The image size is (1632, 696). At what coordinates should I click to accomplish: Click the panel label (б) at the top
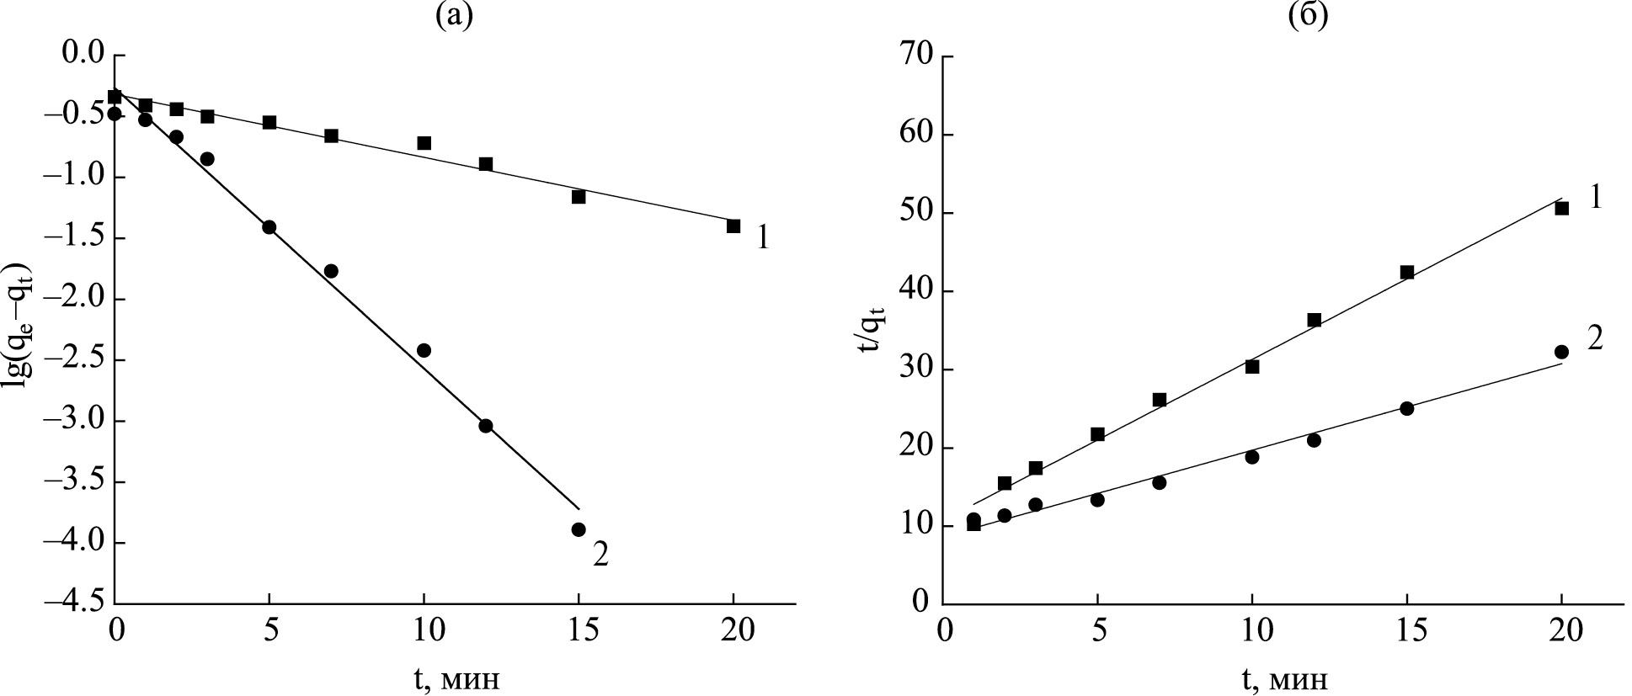point(1308,15)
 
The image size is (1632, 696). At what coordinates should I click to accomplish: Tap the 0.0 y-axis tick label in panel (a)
point(83,56)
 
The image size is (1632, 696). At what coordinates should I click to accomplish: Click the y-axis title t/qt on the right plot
point(871,330)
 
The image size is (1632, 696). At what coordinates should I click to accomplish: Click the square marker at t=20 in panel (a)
point(733,226)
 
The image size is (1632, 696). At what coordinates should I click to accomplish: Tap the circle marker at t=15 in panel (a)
point(579,529)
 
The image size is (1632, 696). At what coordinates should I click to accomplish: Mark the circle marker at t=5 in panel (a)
point(269,227)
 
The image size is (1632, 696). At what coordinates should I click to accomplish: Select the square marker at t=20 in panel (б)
point(1561,209)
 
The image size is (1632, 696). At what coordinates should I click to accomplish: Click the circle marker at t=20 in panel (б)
point(1561,352)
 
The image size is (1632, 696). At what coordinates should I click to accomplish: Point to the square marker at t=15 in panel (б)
point(1406,272)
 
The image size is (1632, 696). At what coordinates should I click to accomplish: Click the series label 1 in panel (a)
point(762,238)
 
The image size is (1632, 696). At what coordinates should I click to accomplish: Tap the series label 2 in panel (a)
point(600,555)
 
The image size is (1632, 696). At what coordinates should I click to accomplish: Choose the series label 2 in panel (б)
point(1594,338)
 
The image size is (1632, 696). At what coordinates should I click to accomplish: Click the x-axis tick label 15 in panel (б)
point(1406,630)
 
